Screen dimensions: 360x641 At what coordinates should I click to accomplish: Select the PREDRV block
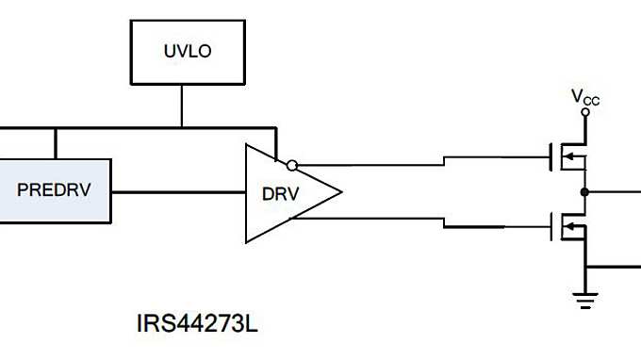pos(55,189)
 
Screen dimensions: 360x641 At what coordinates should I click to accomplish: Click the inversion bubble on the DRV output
pos(292,166)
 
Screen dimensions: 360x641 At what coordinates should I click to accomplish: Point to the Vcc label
pos(584,96)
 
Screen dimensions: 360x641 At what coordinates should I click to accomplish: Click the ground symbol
pos(585,299)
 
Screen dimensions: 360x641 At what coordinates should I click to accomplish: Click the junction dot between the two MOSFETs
pos(585,191)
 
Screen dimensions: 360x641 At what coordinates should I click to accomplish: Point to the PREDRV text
pos(54,189)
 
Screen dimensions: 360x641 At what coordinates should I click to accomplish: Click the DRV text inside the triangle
pos(280,194)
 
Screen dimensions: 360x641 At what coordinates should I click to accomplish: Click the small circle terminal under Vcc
pos(585,112)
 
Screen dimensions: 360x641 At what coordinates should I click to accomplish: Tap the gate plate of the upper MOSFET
pos(551,156)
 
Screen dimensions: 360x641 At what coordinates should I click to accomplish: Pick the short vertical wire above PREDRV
pos(56,142)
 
